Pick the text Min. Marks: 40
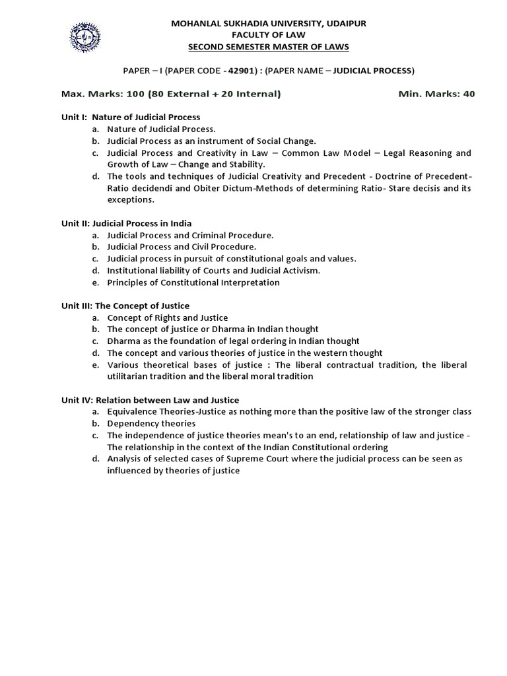pyautogui.click(x=436, y=94)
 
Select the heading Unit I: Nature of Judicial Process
pyautogui.click(x=131, y=118)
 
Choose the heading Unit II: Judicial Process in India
pyautogui.click(x=127, y=223)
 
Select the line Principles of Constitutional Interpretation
pyautogui.click(x=193, y=283)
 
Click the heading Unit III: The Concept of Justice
pyautogui.click(x=125, y=306)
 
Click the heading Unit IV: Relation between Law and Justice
pyautogui.click(x=151, y=400)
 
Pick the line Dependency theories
pyautogui.click(x=151, y=423)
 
